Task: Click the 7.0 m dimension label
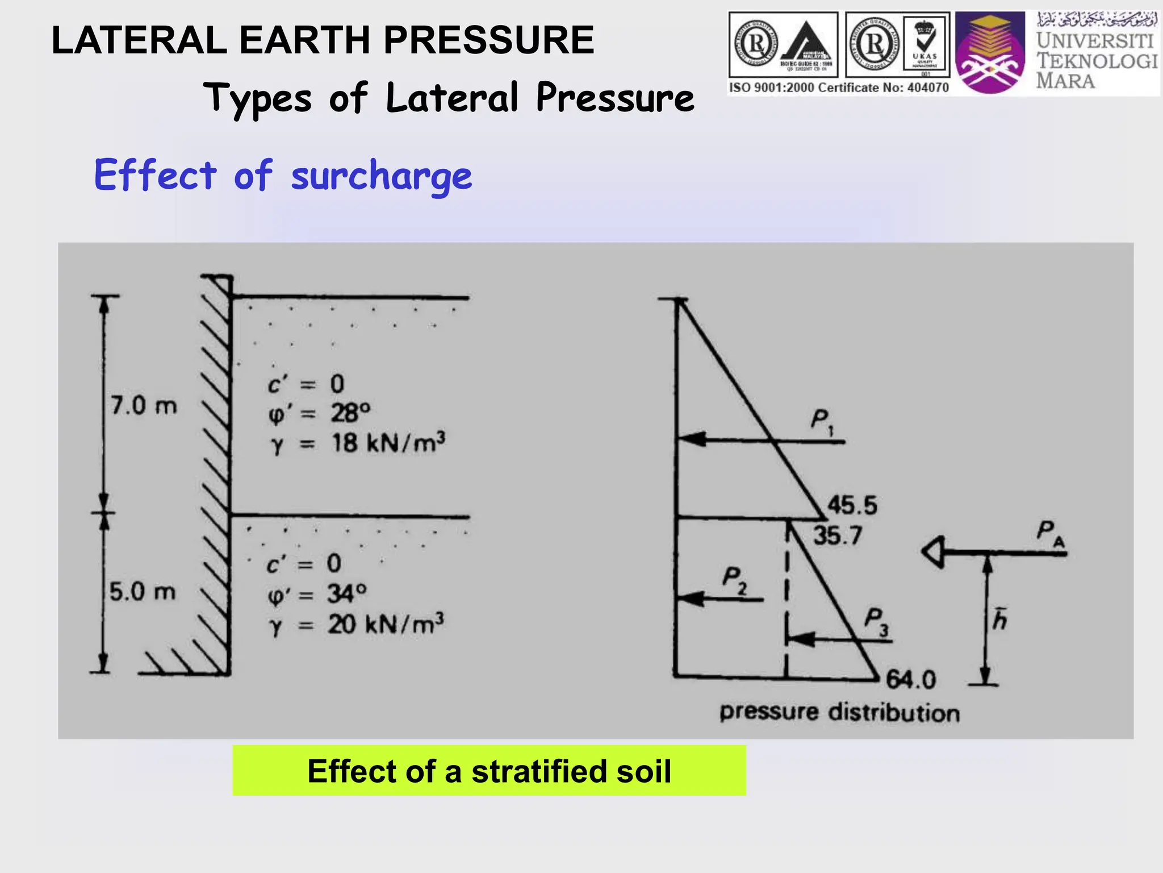[x=144, y=406]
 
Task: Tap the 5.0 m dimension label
[x=143, y=592]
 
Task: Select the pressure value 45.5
[x=852, y=505]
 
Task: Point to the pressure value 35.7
[x=838, y=535]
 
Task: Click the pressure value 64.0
[x=911, y=679]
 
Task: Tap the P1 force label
[x=821, y=422]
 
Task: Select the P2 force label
[x=734, y=580]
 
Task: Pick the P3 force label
[x=876, y=621]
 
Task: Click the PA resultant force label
[x=1050, y=533]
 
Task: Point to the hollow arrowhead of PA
[x=933, y=551]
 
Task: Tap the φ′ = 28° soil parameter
[x=319, y=413]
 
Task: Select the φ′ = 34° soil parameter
[x=317, y=595]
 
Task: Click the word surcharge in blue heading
[x=381, y=176]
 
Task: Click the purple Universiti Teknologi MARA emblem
[x=990, y=53]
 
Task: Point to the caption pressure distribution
[x=839, y=712]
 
